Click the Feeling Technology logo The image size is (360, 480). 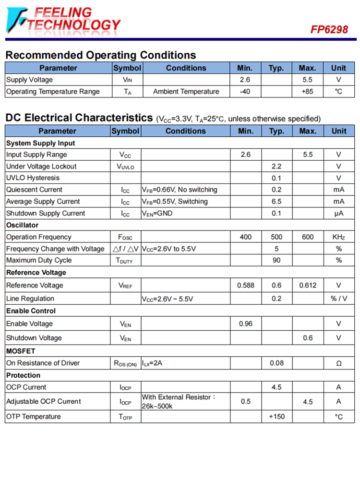click(63, 19)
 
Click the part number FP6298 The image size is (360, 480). click(329, 29)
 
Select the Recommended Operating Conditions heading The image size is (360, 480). click(100, 55)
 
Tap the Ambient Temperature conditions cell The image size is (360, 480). click(186, 92)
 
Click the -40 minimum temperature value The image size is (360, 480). click(245, 92)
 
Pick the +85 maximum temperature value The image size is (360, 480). click(307, 92)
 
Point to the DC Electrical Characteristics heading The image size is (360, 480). click(79, 118)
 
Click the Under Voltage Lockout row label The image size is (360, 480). click(41, 167)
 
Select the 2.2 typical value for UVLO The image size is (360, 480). click(276, 167)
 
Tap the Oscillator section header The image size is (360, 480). click(22, 225)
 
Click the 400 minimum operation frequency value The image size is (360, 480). click(245, 237)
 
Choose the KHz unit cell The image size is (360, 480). click(338, 237)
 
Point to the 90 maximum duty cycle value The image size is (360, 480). click(276, 260)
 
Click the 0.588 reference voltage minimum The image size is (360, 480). click(245, 285)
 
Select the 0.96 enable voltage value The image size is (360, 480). click(245, 324)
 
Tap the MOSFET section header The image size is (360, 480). click(21, 351)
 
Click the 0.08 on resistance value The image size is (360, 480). click(276, 363)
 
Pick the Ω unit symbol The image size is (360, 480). click(338, 363)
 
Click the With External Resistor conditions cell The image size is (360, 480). click(179, 401)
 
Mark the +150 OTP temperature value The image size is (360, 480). click(276, 417)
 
